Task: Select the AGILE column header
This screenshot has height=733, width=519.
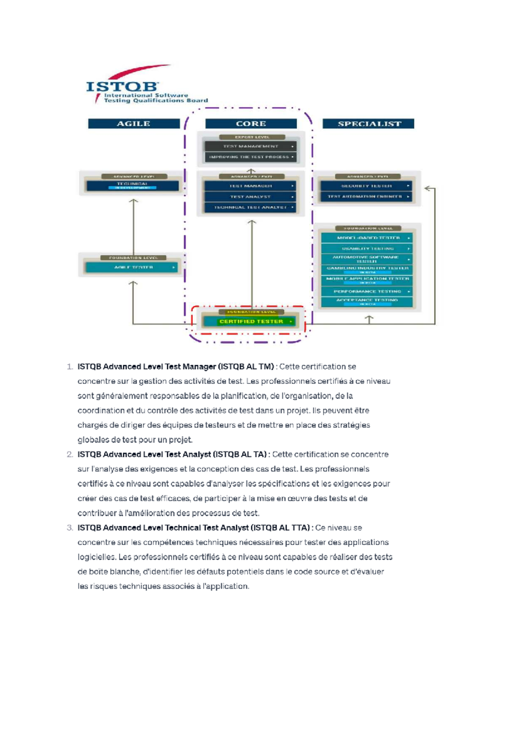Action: tap(134, 124)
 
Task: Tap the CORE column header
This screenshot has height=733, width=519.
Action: tap(251, 124)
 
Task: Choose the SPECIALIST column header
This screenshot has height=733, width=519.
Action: tap(368, 124)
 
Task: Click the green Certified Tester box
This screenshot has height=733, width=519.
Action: tap(251, 322)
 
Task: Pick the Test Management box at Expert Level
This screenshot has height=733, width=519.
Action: tap(251, 147)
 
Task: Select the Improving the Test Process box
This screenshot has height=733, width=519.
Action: tap(251, 157)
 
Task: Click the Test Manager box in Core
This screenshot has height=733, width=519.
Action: tap(251, 186)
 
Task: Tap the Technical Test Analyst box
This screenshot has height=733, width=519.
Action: tap(251, 207)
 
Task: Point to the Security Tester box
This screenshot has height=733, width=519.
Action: tap(366, 186)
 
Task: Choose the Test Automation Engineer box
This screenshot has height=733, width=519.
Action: tap(366, 197)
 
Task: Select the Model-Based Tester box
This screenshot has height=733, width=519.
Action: tap(366, 238)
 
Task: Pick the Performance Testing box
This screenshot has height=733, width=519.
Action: tap(366, 291)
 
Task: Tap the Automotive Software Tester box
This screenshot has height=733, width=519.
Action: tap(366, 259)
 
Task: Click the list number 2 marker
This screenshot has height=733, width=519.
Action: tap(70, 455)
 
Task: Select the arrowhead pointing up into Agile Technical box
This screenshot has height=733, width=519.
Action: tap(134, 201)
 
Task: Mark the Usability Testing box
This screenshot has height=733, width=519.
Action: tap(366, 249)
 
